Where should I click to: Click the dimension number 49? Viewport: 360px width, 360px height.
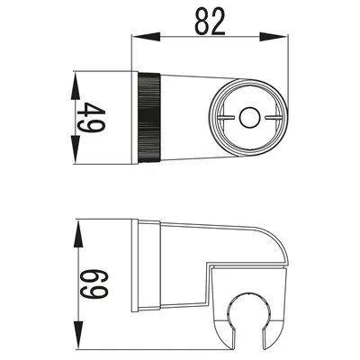point(91,118)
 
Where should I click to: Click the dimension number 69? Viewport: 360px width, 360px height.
point(94,284)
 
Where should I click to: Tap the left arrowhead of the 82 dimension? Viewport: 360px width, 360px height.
point(146,37)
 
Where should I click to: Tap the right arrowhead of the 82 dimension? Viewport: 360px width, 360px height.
point(273,37)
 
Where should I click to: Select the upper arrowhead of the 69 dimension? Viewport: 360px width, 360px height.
point(78,235)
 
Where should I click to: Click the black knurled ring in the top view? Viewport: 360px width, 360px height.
point(150,118)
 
